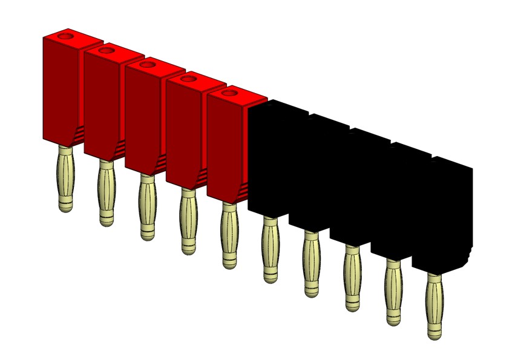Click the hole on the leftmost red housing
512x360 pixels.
(x=65, y=37)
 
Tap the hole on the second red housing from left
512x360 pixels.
(x=106, y=51)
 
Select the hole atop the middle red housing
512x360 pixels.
(x=146, y=64)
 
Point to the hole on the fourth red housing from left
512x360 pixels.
(x=188, y=79)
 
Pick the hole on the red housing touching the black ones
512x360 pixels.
(x=229, y=93)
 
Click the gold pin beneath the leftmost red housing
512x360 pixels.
(x=65, y=178)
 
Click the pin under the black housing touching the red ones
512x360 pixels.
(x=270, y=249)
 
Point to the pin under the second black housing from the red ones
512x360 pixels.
(x=311, y=264)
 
